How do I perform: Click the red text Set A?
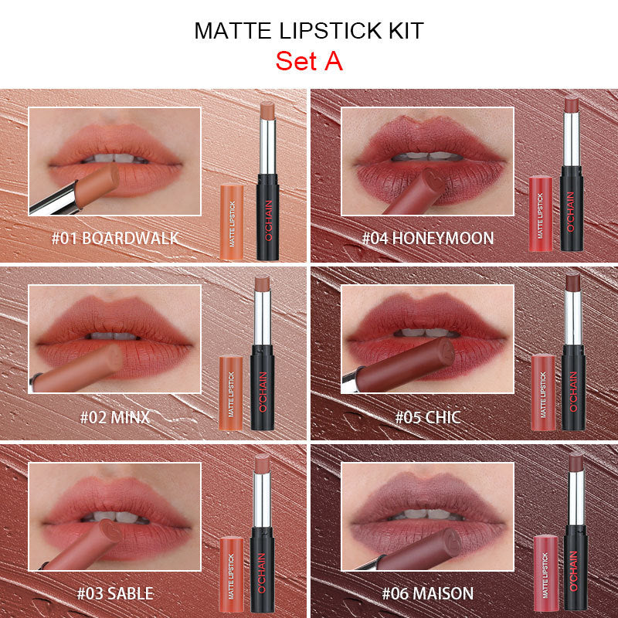pos(308,61)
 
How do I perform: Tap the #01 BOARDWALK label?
pos(114,237)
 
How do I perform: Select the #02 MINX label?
pos(114,417)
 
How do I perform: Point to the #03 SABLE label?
pos(114,593)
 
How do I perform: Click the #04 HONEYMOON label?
pos(427,237)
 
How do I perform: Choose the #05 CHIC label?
pos(427,417)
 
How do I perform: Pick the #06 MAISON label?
pos(427,593)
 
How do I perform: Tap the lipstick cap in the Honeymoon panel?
pos(541,212)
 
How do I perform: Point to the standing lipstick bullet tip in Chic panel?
pos(572,282)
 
